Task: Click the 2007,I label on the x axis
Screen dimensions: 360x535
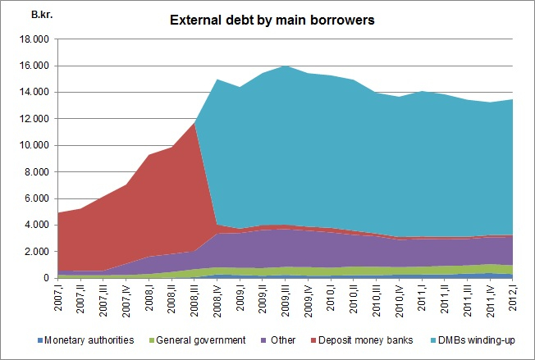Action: click(x=58, y=295)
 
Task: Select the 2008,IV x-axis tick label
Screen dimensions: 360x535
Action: click(x=216, y=297)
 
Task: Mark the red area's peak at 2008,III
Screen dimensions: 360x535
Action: click(x=193, y=124)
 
